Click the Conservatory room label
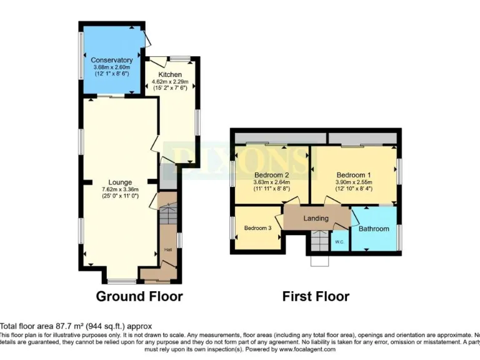pyautogui.click(x=112, y=60)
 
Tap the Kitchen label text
pyautogui.click(x=170, y=75)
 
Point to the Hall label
pyautogui.click(x=168, y=250)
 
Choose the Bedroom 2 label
pyautogui.click(x=271, y=174)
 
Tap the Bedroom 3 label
pyautogui.click(x=257, y=228)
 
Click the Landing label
pyautogui.click(x=316, y=218)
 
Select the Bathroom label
pyautogui.click(x=374, y=229)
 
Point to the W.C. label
pyautogui.click(x=339, y=241)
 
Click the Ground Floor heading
pyautogui.click(x=139, y=296)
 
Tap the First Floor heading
pyautogui.click(x=316, y=296)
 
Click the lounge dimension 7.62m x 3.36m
pyautogui.click(x=119, y=189)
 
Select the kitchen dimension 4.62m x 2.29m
pyautogui.click(x=170, y=82)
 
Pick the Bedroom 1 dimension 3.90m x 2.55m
pyautogui.click(x=353, y=182)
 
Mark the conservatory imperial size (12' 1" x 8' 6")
pyautogui.click(x=112, y=74)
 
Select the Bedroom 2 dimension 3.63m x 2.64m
pyautogui.click(x=271, y=182)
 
